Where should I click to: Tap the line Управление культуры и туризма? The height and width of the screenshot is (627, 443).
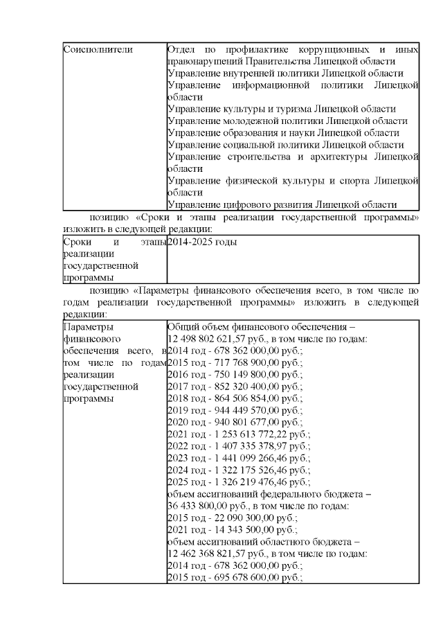pyautogui.click(x=282, y=109)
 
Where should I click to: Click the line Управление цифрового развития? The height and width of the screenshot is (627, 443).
pyautogui.click(x=282, y=204)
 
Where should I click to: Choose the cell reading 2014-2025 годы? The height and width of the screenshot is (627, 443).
pyautogui.click(x=202, y=242)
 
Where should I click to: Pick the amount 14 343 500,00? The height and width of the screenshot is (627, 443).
pyautogui.click(x=242, y=530)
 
